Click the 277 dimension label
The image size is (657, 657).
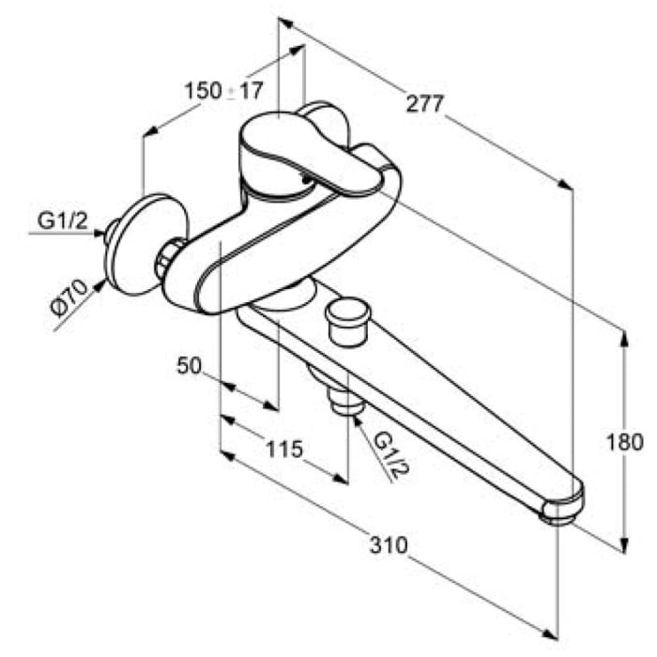[x=424, y=103]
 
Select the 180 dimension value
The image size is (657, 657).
[x=624, y=442]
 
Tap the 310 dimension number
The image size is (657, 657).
[x=389, y=545]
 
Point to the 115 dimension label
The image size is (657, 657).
[x=284, y=450]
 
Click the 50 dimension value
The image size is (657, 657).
[x=190, y=365]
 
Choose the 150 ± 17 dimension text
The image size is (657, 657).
[x=224, y=90]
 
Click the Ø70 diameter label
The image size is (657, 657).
[x=69, y=298]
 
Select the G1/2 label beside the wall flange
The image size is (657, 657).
[x=63, y=221]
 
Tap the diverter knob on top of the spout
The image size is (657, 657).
[x=347, y=321]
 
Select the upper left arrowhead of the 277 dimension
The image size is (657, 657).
[x=286, y=23]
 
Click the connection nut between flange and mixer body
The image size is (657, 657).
[x=168, y=258]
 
